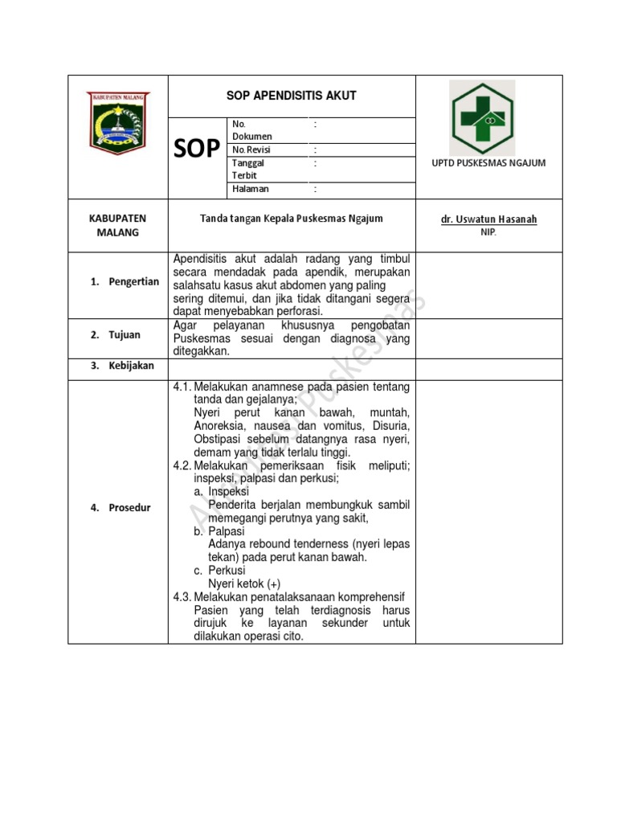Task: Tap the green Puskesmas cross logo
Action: pos(488,114)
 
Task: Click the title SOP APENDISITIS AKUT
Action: pos(292,96)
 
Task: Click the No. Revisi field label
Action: pos(251,149)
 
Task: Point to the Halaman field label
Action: pos(250,189)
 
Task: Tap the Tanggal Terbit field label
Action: pos(248,169)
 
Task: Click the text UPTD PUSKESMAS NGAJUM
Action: pos(488,163)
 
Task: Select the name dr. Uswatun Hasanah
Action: pos(488,219)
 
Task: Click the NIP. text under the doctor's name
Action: pos(488,232)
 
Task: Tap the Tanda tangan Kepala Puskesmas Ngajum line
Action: pos(292,219)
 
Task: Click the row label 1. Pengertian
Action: pos(125,282)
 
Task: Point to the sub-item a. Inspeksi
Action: pos(222,491)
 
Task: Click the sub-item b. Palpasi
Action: pos(220,531)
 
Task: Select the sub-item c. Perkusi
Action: pos(220,571)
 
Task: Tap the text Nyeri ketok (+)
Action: pos(245,583)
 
